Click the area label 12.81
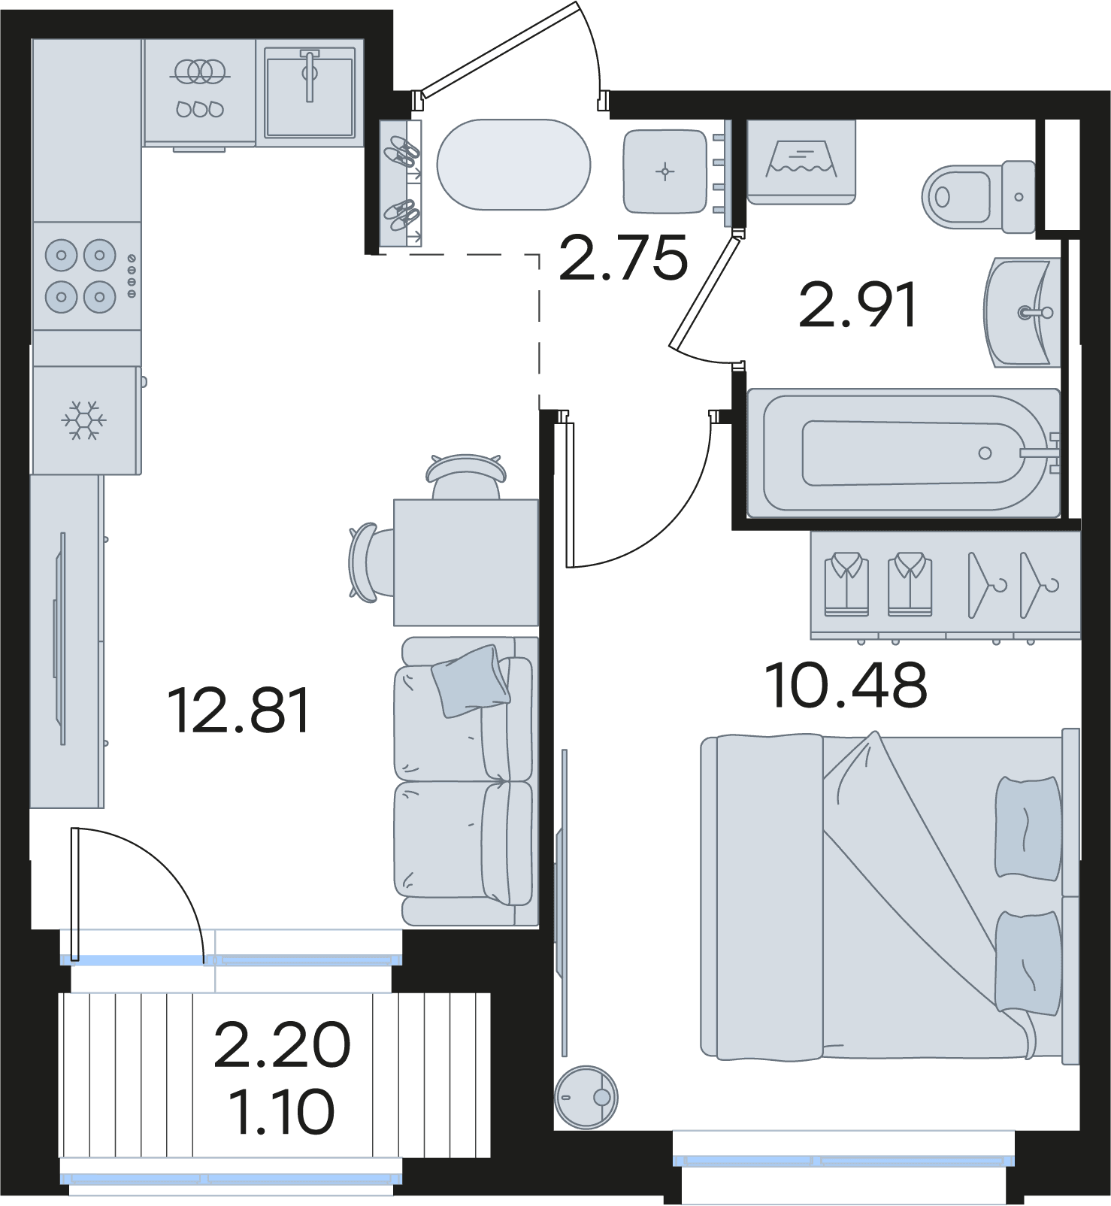click(238, 711)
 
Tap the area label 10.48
click(846, 685)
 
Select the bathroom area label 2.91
click(858, 305)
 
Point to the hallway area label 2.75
click(623, 257)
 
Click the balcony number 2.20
click(282, 1044)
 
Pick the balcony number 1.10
click(282, 1112)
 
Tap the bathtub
click(904, 453)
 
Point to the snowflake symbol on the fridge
click(83, 420)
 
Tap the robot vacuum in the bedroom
click(586, 1097)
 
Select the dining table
click(466, 562)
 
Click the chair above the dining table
click(465, 477)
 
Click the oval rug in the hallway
click(514, 165)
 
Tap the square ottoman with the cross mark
click(665, 171)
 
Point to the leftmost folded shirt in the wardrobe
click(846, 584)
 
